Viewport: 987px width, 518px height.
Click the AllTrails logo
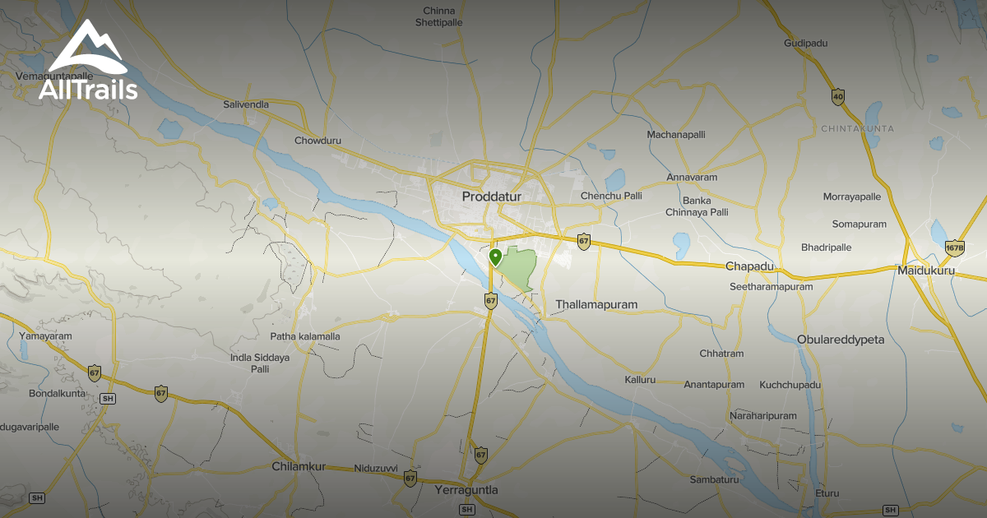point(88,62)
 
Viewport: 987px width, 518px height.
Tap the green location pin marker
point(495,257)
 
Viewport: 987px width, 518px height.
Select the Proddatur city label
point(493,197)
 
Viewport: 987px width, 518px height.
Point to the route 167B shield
point(954,247)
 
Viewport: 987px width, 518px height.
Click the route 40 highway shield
point(838,96)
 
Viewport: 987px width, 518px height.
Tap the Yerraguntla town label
point(466,490)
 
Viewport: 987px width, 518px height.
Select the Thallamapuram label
point(596,304)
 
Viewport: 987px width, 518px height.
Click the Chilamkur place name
point(299,467)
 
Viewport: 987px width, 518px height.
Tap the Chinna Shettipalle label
point(438,16)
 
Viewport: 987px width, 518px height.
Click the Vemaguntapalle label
point(53,76)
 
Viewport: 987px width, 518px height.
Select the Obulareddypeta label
point(840,340)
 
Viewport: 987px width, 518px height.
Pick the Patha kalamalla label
point(305,336)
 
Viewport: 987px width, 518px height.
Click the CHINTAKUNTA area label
point(857,129)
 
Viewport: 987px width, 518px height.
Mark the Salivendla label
point(246,104)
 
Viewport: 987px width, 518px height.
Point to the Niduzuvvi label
point(376,469)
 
